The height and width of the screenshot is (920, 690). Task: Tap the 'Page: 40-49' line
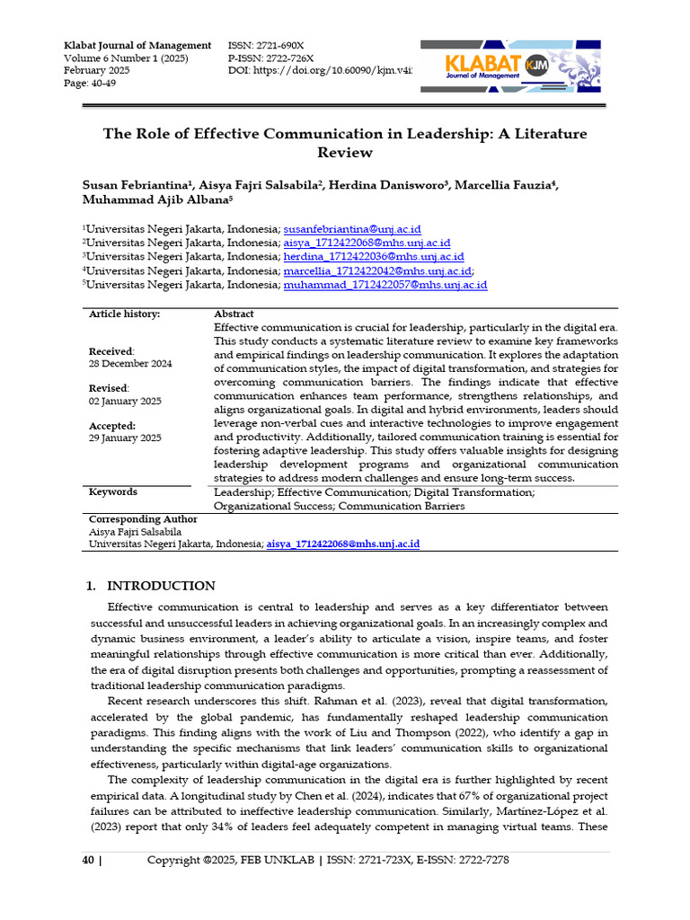(90, 84)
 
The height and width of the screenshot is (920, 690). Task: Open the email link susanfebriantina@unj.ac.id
(352, 229)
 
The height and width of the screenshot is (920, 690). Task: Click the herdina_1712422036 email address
(374, 256)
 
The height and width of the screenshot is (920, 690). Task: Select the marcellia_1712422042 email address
(377, 270)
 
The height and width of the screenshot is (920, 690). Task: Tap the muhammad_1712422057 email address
(385, 285)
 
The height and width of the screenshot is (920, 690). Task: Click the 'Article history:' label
(124, 314)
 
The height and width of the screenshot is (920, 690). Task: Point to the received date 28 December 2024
(130, 364)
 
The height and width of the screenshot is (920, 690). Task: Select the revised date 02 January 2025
(125, 401)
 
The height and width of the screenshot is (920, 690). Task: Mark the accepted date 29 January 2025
(125, 438)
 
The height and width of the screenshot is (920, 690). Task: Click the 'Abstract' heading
(234, 314)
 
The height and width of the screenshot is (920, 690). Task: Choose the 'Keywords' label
(113, 491)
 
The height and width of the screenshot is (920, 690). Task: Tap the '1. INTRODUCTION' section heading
(150, 586)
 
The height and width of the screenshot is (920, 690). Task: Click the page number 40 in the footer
(88, 860)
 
